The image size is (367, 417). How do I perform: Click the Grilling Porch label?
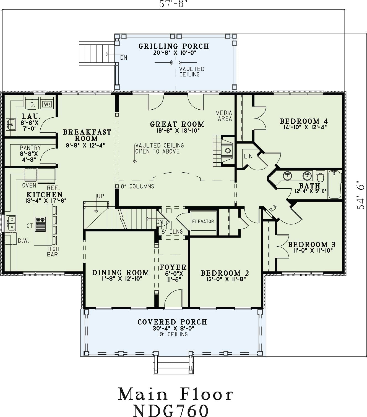click(x=174, y=46)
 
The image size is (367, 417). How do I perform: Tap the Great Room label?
click(x=177, y=124)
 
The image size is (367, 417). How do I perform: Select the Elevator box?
click(x=203, y=221)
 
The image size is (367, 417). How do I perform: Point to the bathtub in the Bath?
click(x=335, y=184)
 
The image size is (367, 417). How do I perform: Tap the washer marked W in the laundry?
click(x=47, y=103)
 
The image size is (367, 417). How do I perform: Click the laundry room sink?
click(x=11, y=124)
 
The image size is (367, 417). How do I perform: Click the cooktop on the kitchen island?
click(x=40, y=224)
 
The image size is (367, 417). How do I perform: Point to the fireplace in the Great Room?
click(x=224, y=151)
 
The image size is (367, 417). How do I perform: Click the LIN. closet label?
click(x=249, y=156)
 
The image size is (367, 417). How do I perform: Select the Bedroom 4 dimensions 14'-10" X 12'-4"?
click(x=305, y=127)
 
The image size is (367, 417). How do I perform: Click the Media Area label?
click(x=224, y=116)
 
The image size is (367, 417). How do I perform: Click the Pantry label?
click(x=30, y=148)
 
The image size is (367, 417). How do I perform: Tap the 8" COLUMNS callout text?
click(x=137, y=186)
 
